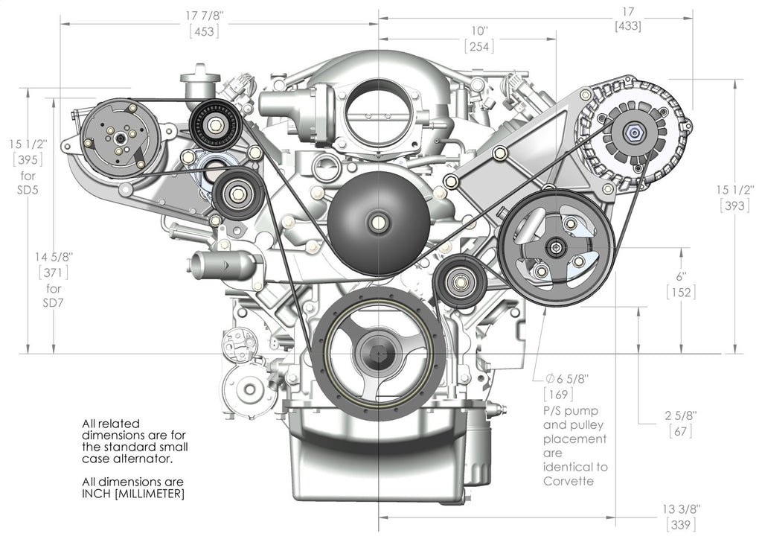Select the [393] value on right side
tap(734, 206)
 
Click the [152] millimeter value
tap(681, 293)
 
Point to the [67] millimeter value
tap(681, 431)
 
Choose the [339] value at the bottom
tap(681, 525)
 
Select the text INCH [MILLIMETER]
tap(133, 494)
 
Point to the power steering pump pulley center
tap(556, 249)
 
